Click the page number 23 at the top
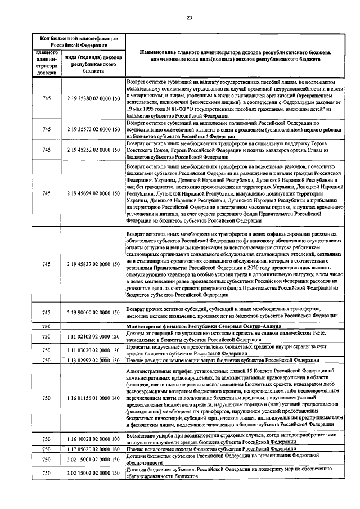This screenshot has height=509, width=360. click(x=189, y=18)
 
